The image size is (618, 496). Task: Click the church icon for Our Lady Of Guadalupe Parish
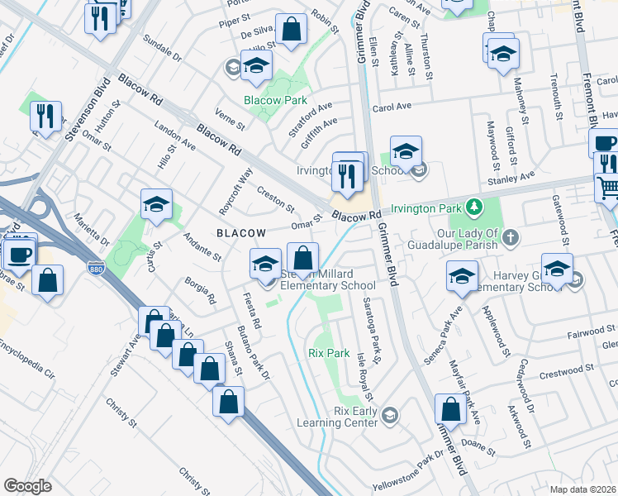(x=511, y=238)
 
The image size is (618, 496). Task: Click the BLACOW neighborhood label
(x=241, y=234)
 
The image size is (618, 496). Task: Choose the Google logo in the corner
(x=27, y=486)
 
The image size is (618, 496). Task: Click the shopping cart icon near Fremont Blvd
(x=608, y=188)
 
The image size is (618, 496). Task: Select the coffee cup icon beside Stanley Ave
(x=606, y=144)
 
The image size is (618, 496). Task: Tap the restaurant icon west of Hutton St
(x=45, y=115)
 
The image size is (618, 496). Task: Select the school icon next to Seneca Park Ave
(x=459, y=278)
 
